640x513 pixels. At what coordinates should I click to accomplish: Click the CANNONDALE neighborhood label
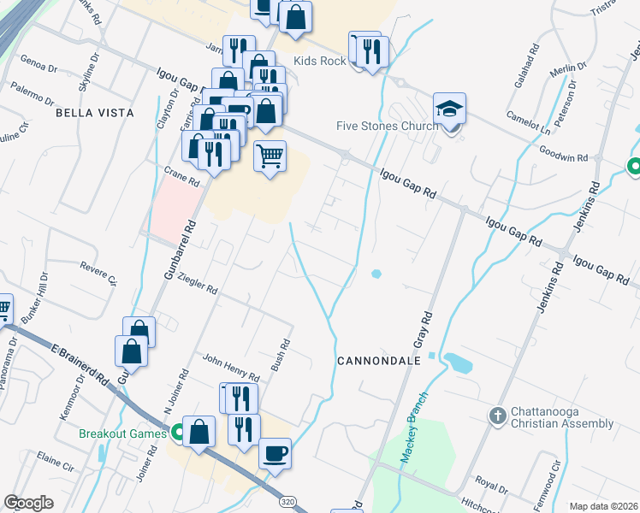point(379,361)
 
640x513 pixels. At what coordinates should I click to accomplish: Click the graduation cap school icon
point(449,109)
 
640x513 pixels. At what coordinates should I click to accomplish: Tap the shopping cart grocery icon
point(270,156)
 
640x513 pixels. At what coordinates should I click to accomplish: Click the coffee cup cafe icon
point(275,453)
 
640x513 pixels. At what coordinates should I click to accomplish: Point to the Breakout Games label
point(121,433)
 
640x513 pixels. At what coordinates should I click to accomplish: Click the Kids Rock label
point(319,61)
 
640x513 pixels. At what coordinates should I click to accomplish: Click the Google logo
point(28,503)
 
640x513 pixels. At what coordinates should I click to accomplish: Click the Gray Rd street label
point(423,328)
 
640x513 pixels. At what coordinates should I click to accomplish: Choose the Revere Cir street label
point(99,273)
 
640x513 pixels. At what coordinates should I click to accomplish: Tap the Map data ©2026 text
point(602,506)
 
